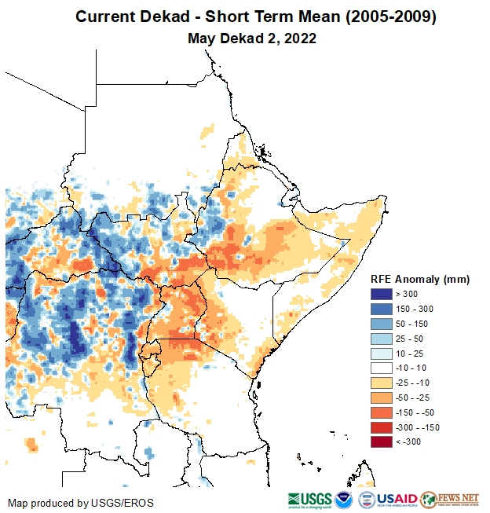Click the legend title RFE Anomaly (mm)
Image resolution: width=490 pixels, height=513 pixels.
[x=420, y=279]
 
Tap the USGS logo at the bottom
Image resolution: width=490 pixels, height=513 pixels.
[x=309, y=500]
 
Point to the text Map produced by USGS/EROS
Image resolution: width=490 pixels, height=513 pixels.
[x=81, y=503]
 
